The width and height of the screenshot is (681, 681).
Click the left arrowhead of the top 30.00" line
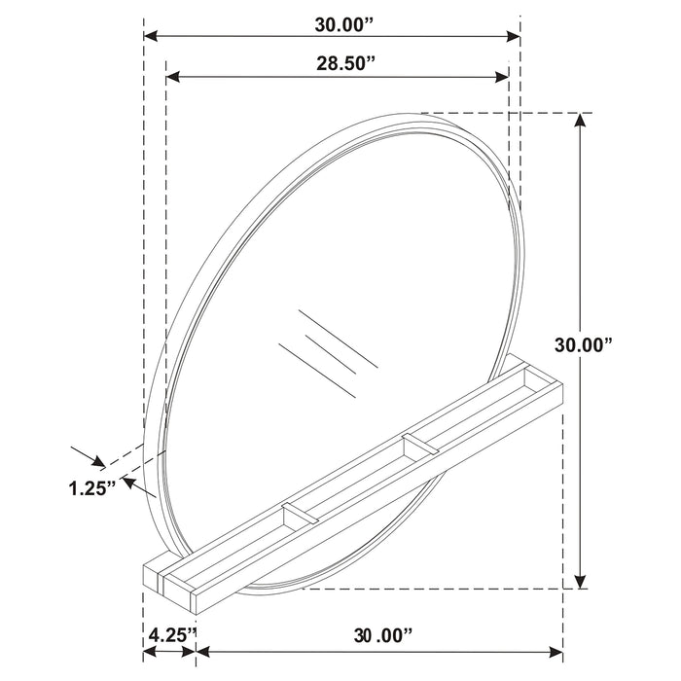[151, 37]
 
